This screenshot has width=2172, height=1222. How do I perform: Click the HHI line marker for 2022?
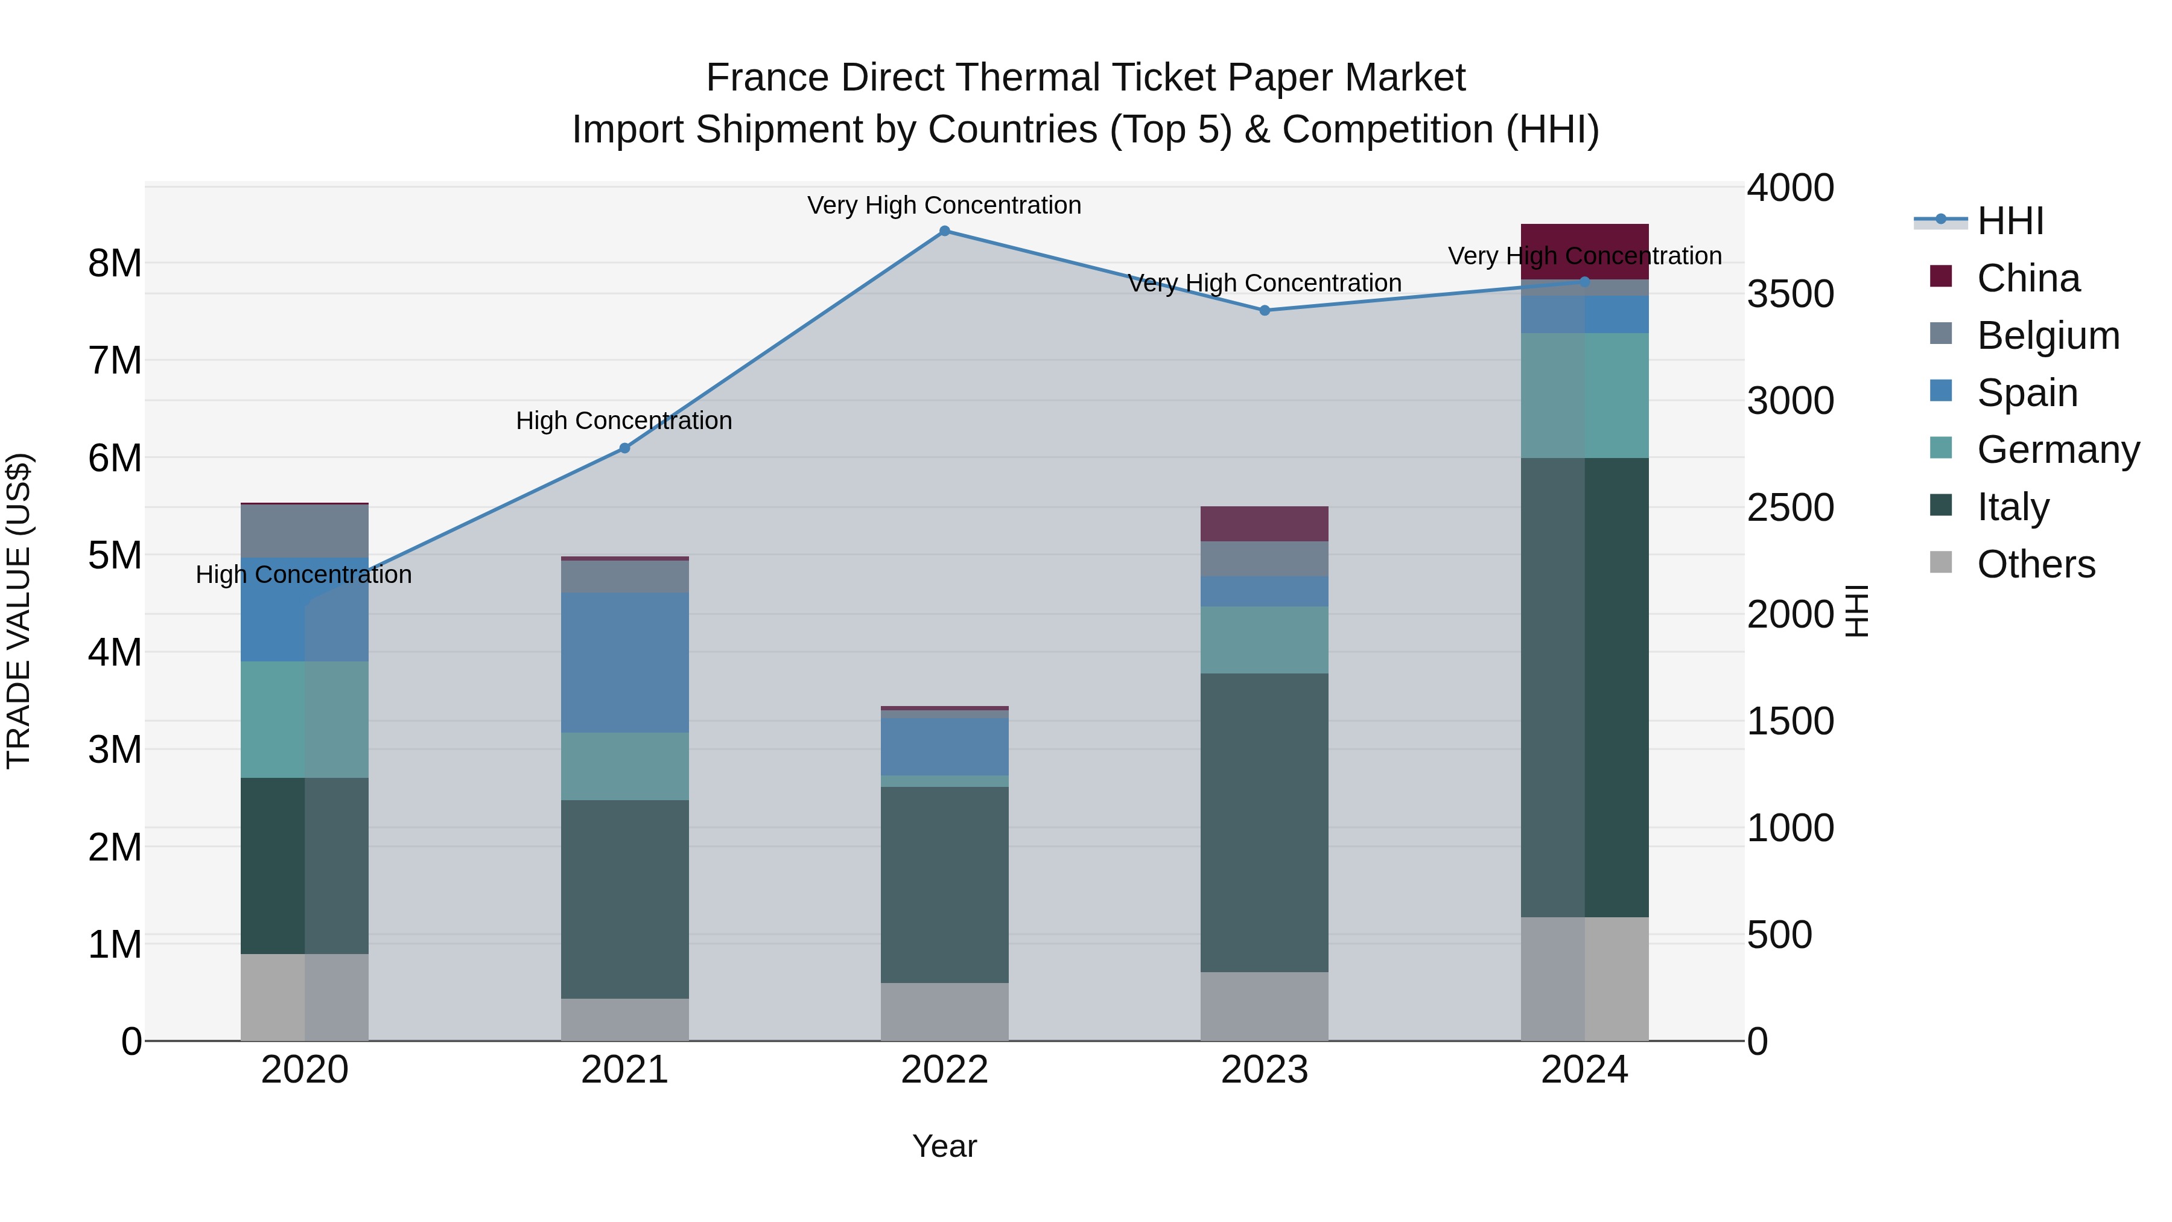pos(944,231)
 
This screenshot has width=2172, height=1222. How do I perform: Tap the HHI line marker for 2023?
pos(1264,310)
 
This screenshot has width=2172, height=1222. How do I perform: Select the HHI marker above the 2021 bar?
pos(625,448)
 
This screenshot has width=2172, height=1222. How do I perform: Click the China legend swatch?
pos(1940,276)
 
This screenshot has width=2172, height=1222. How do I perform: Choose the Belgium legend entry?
pos(2047,335)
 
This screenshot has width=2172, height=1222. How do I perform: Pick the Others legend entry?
pos(2036,564)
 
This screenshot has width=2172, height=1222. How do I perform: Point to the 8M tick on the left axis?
pos(115,263)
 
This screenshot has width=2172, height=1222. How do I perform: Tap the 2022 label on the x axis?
pos(944,1070)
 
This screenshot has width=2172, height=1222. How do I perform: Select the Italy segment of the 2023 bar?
pos(1264,823)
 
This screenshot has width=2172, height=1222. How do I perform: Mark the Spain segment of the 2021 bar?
pos(625,662)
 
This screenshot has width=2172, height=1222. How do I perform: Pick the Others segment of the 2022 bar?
pos(944,1011)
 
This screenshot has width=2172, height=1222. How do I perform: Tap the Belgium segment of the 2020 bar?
pos(305,530)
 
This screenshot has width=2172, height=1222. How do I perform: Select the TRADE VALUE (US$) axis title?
pos(19,611)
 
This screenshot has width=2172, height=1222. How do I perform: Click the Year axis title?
pos(944,1146)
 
